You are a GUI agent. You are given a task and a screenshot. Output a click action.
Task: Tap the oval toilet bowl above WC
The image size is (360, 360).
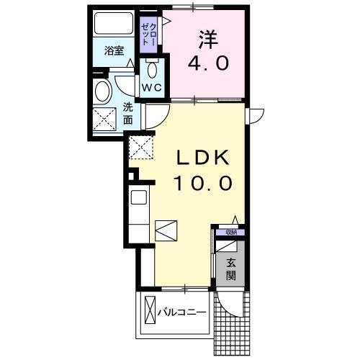pos(152,70)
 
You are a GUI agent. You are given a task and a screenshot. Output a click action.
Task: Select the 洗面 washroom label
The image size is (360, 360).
pos(128,113)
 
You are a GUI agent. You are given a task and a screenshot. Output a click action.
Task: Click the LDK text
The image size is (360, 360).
pos(201,158)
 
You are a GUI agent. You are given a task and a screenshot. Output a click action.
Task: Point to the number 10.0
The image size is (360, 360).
pos(201,183)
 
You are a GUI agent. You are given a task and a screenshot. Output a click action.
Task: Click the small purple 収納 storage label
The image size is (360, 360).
pos(230,232)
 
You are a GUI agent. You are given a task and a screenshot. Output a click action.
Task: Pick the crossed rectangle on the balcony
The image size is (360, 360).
pos(149,311)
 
